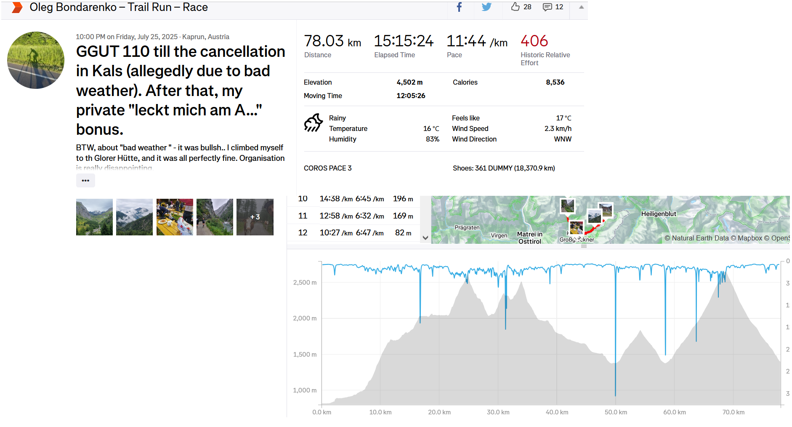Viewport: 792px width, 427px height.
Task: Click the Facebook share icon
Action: [459, 7]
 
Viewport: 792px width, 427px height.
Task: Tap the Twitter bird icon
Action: [486, 7]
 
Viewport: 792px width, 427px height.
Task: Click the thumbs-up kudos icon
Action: [515, 7]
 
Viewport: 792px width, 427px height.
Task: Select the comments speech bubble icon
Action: [547, 7]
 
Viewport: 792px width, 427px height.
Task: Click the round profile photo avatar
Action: [36, 60]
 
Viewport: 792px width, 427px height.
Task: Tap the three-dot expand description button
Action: [85, 180]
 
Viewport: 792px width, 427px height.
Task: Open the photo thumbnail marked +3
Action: [255, 217]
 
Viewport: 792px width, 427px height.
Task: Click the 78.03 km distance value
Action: [332, 41]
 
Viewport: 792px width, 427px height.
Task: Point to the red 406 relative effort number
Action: [534, 41]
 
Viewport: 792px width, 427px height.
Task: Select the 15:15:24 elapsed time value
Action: [404, 41]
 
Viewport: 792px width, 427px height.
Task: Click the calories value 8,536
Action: [555, 82]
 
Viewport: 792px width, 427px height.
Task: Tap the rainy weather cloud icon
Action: [313, 123]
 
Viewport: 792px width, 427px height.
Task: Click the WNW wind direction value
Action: [563, 139]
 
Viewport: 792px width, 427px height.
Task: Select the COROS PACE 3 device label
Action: [327, 168]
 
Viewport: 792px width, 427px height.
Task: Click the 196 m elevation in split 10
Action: [403, 199]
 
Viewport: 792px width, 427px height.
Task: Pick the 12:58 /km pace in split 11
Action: [335, 216]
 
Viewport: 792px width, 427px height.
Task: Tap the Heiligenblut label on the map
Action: [659, 214]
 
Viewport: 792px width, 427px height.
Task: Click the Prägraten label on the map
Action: [467, 228]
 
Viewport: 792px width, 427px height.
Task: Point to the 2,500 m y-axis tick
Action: [305, 283]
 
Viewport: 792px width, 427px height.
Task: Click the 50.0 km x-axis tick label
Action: [616, 412]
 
